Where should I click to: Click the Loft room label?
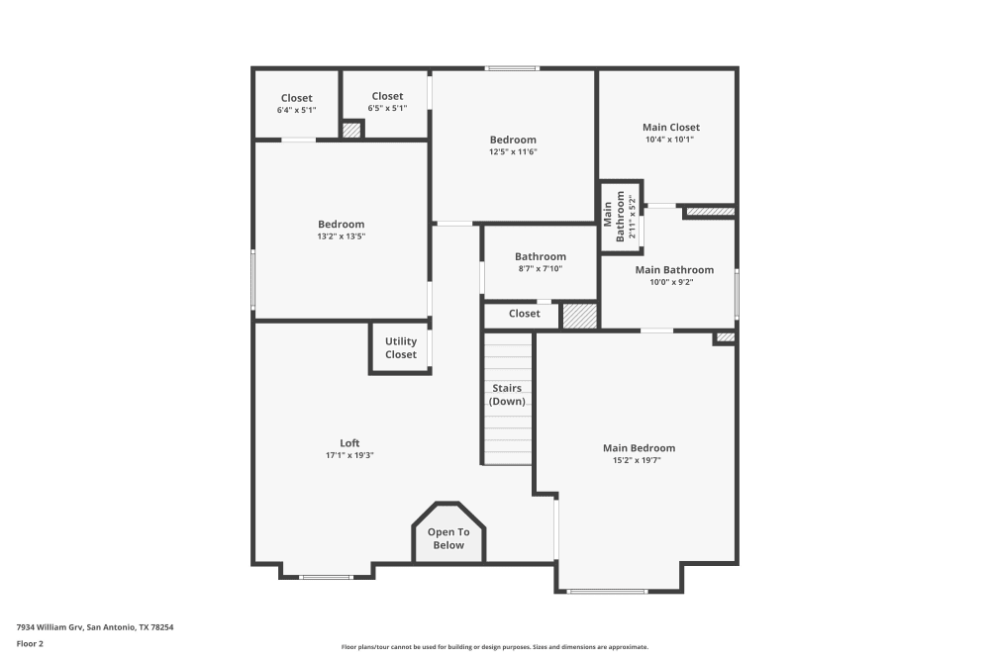coord(349,443)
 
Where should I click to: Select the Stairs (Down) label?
coord(507,395)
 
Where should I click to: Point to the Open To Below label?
coord(448,538)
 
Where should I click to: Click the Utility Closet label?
coord(401,347)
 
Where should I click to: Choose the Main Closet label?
coord(670,127)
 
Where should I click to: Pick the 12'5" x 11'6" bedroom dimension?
coord(513,152)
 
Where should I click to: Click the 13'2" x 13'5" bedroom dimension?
coord(341,236)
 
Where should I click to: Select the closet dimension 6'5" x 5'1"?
coord(387,108)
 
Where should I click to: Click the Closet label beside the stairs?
coord(524,314)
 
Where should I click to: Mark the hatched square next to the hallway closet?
coord(579,316)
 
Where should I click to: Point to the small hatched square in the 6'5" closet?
coord(350,130)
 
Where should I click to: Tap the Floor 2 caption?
coord(30,643)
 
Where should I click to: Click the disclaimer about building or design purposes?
coord(495,646)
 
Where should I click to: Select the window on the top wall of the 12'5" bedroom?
coord(512,68)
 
